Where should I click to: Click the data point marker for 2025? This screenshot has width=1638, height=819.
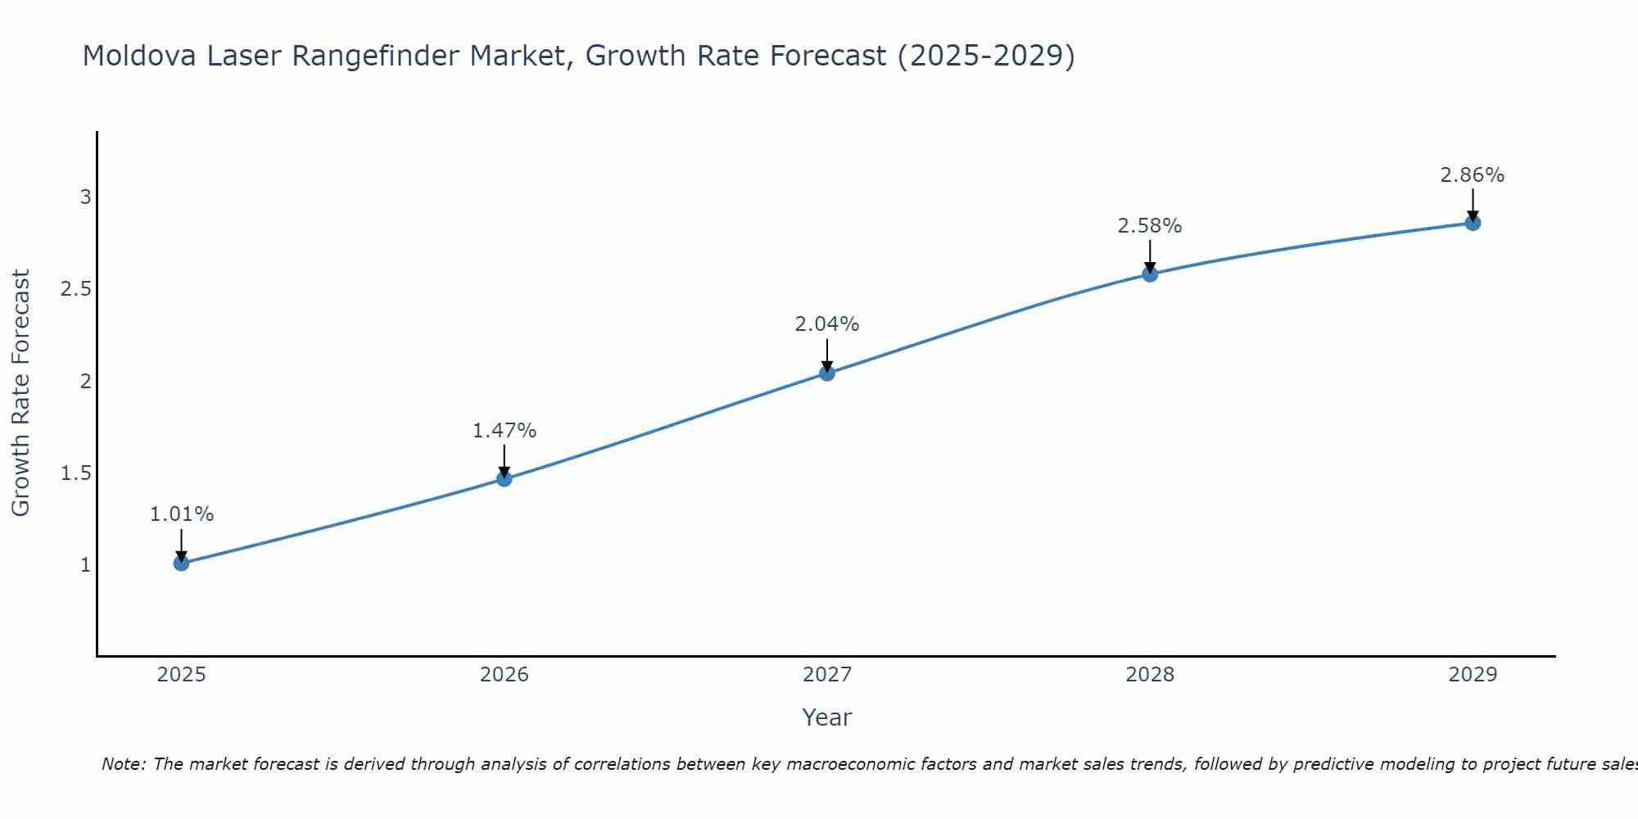(181, 563)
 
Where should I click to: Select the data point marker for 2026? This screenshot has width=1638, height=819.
(505, 478)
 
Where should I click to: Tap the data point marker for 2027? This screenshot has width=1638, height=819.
(827, 373)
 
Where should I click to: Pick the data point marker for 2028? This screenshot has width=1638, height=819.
(1150, 274)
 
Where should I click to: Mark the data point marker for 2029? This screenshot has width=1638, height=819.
(1473, 223)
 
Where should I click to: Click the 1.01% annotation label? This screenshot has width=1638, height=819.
(181, 514)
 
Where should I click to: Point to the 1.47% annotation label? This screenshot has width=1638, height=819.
(505, 430)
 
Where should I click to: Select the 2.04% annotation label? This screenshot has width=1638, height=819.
(827, 324)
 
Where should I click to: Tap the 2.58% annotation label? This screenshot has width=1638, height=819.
(1150, 225)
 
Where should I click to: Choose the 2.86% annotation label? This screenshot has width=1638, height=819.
(1473, 174)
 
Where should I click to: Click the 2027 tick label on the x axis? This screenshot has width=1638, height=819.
(827, 675)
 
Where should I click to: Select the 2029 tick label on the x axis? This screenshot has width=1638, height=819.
(1473, 675)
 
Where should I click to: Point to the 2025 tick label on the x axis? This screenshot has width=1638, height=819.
(181, 675)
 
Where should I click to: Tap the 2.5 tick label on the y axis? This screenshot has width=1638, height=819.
(75, 289)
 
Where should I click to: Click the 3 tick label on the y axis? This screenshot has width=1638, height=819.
(85, 197)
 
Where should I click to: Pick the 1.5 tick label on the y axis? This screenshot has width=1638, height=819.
(75, 473)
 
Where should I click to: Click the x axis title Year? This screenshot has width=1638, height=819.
(827, 717)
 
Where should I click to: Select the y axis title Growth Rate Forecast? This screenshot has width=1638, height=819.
(20, 392)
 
